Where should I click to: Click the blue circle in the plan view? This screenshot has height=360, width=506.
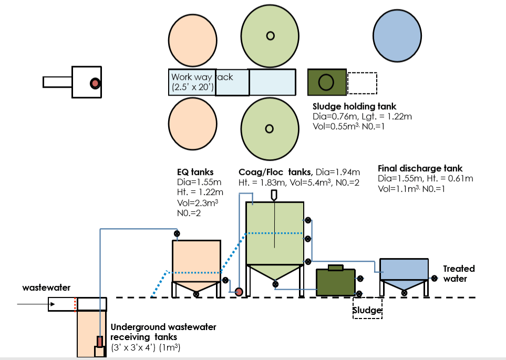pos(398,35)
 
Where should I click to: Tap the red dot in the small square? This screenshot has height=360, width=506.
pos(95,83)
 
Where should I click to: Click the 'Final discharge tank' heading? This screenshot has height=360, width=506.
pos(420,169)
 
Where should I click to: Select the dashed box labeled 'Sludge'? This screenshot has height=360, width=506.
pos(367,310)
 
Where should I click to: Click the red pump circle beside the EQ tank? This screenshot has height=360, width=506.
pos(238,292)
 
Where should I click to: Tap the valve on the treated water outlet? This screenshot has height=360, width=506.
pos(435,279)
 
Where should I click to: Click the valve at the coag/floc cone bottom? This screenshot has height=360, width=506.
pos(275,284)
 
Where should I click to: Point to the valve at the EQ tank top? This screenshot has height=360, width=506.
pos(178,233)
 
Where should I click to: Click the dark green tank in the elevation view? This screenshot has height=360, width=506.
pos(335,284)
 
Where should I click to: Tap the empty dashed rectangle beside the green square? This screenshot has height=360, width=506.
pos(362,83)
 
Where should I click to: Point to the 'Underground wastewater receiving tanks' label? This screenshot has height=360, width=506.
pos(163,332)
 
